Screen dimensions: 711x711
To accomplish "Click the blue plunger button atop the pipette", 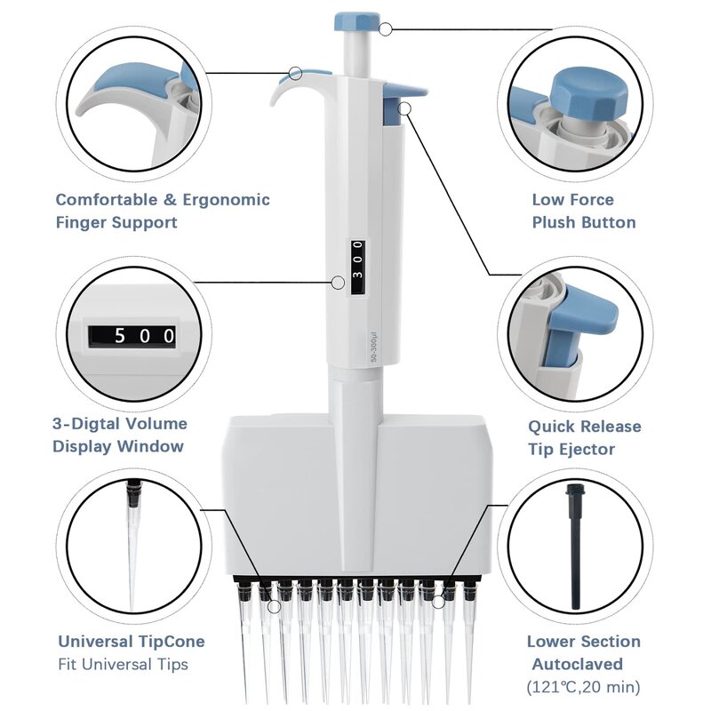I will point(357,20).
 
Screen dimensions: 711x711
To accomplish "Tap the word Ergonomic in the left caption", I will point(227,200).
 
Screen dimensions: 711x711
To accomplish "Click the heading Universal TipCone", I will point(132,642).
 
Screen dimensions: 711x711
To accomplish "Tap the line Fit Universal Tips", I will point(124,664).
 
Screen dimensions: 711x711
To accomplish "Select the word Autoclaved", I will point(578,664).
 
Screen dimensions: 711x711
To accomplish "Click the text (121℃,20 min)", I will point(583,687).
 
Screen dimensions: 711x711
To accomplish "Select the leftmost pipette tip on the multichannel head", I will point(245,640).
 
